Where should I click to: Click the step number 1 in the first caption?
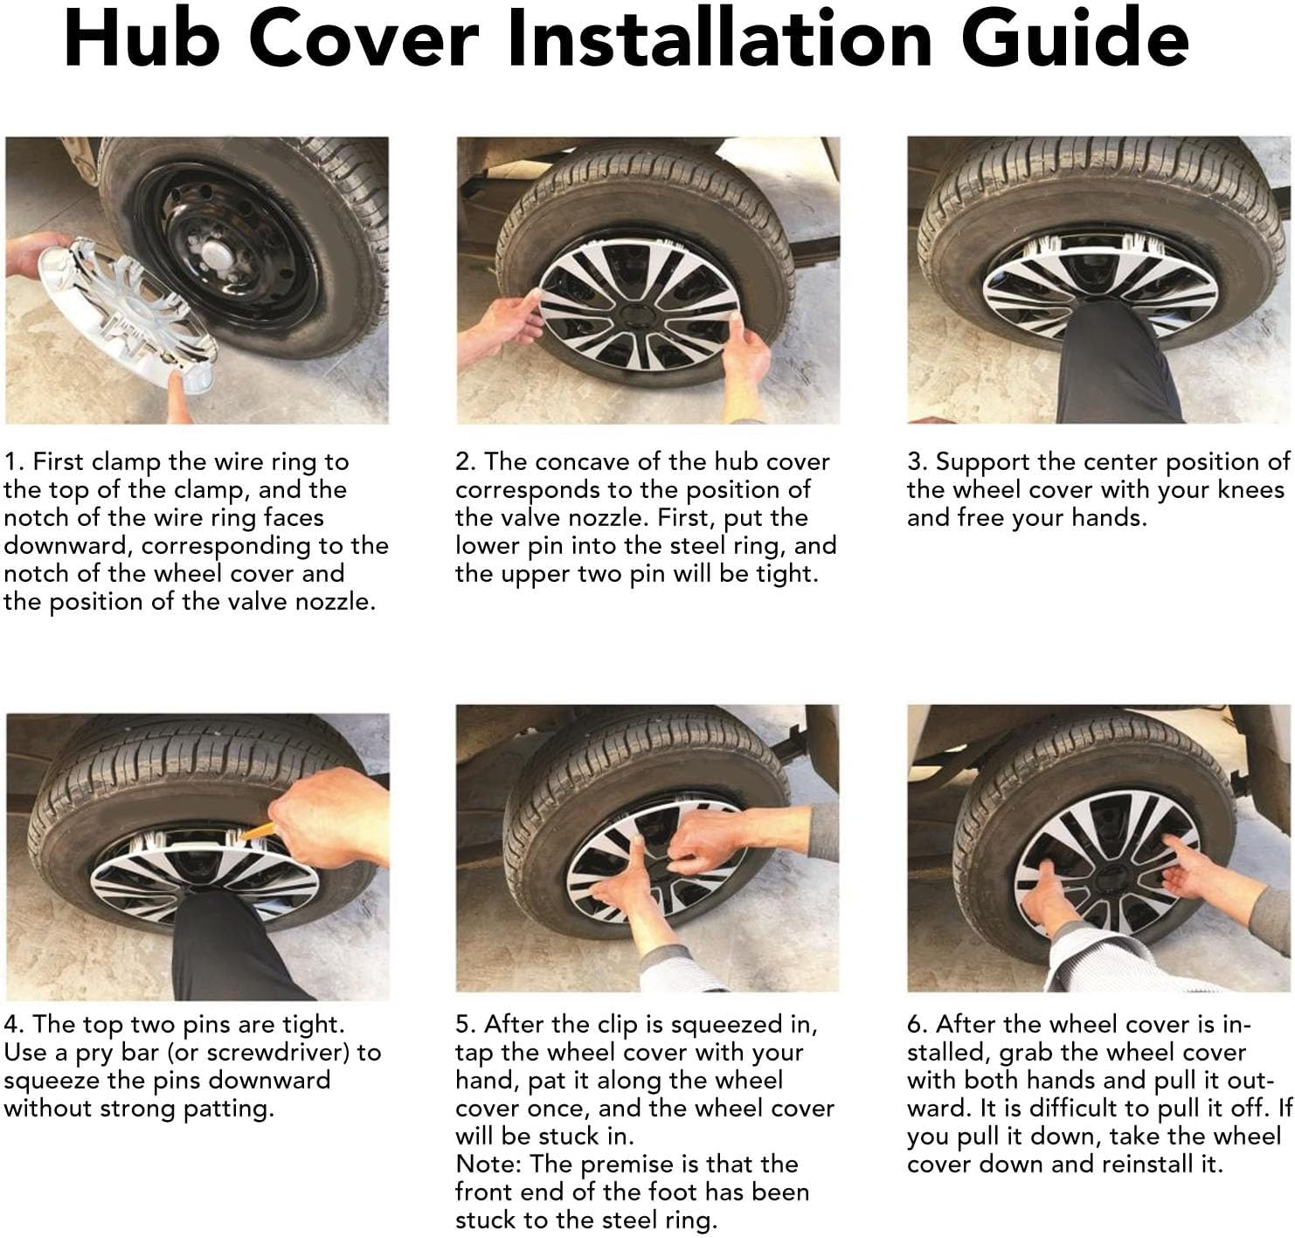12,461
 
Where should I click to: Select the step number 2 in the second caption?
465,461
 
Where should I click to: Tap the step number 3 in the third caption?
917,461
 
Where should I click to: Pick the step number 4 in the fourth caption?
13,1024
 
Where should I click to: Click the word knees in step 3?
1250,490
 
